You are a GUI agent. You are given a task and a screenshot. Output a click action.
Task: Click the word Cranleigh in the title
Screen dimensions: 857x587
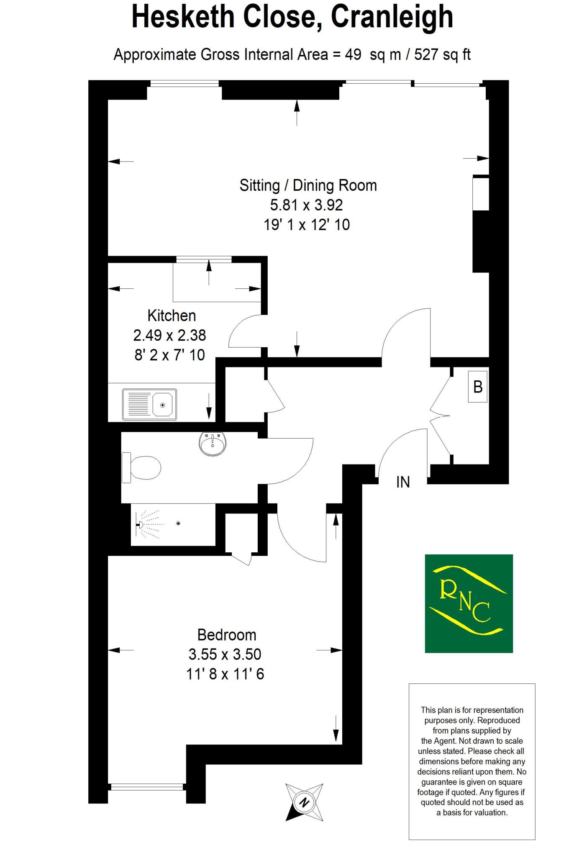point(392,18)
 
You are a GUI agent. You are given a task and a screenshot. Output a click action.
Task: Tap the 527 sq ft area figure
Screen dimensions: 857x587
point(442,55)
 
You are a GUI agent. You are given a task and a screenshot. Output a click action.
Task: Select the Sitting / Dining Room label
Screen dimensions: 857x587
point(308,185)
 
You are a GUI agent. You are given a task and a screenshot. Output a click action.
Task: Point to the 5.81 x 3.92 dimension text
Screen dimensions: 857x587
point(306,205)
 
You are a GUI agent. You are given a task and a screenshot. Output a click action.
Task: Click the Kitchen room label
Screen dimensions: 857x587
point(172,316)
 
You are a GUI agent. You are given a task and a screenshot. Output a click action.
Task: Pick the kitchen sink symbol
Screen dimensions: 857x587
point(149,405)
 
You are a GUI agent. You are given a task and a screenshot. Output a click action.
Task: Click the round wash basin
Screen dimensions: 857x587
point(213,444)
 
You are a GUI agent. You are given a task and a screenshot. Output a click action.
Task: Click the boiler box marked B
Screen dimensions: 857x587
point(478,387)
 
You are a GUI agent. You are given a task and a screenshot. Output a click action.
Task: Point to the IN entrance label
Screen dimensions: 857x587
point(403,482)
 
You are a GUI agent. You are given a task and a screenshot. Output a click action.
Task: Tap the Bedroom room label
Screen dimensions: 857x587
point(226,635)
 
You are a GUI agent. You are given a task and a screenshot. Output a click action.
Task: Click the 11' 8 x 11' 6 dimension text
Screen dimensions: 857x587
point(225,674)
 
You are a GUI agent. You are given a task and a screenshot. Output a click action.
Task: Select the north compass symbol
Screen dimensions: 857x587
point(304,803)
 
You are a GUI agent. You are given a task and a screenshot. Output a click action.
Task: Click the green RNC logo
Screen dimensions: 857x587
point(469,603)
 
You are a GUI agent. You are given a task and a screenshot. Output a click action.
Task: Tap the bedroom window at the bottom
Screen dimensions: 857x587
point(147,787)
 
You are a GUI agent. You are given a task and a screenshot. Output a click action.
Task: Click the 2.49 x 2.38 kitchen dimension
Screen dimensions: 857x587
point(169,335)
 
